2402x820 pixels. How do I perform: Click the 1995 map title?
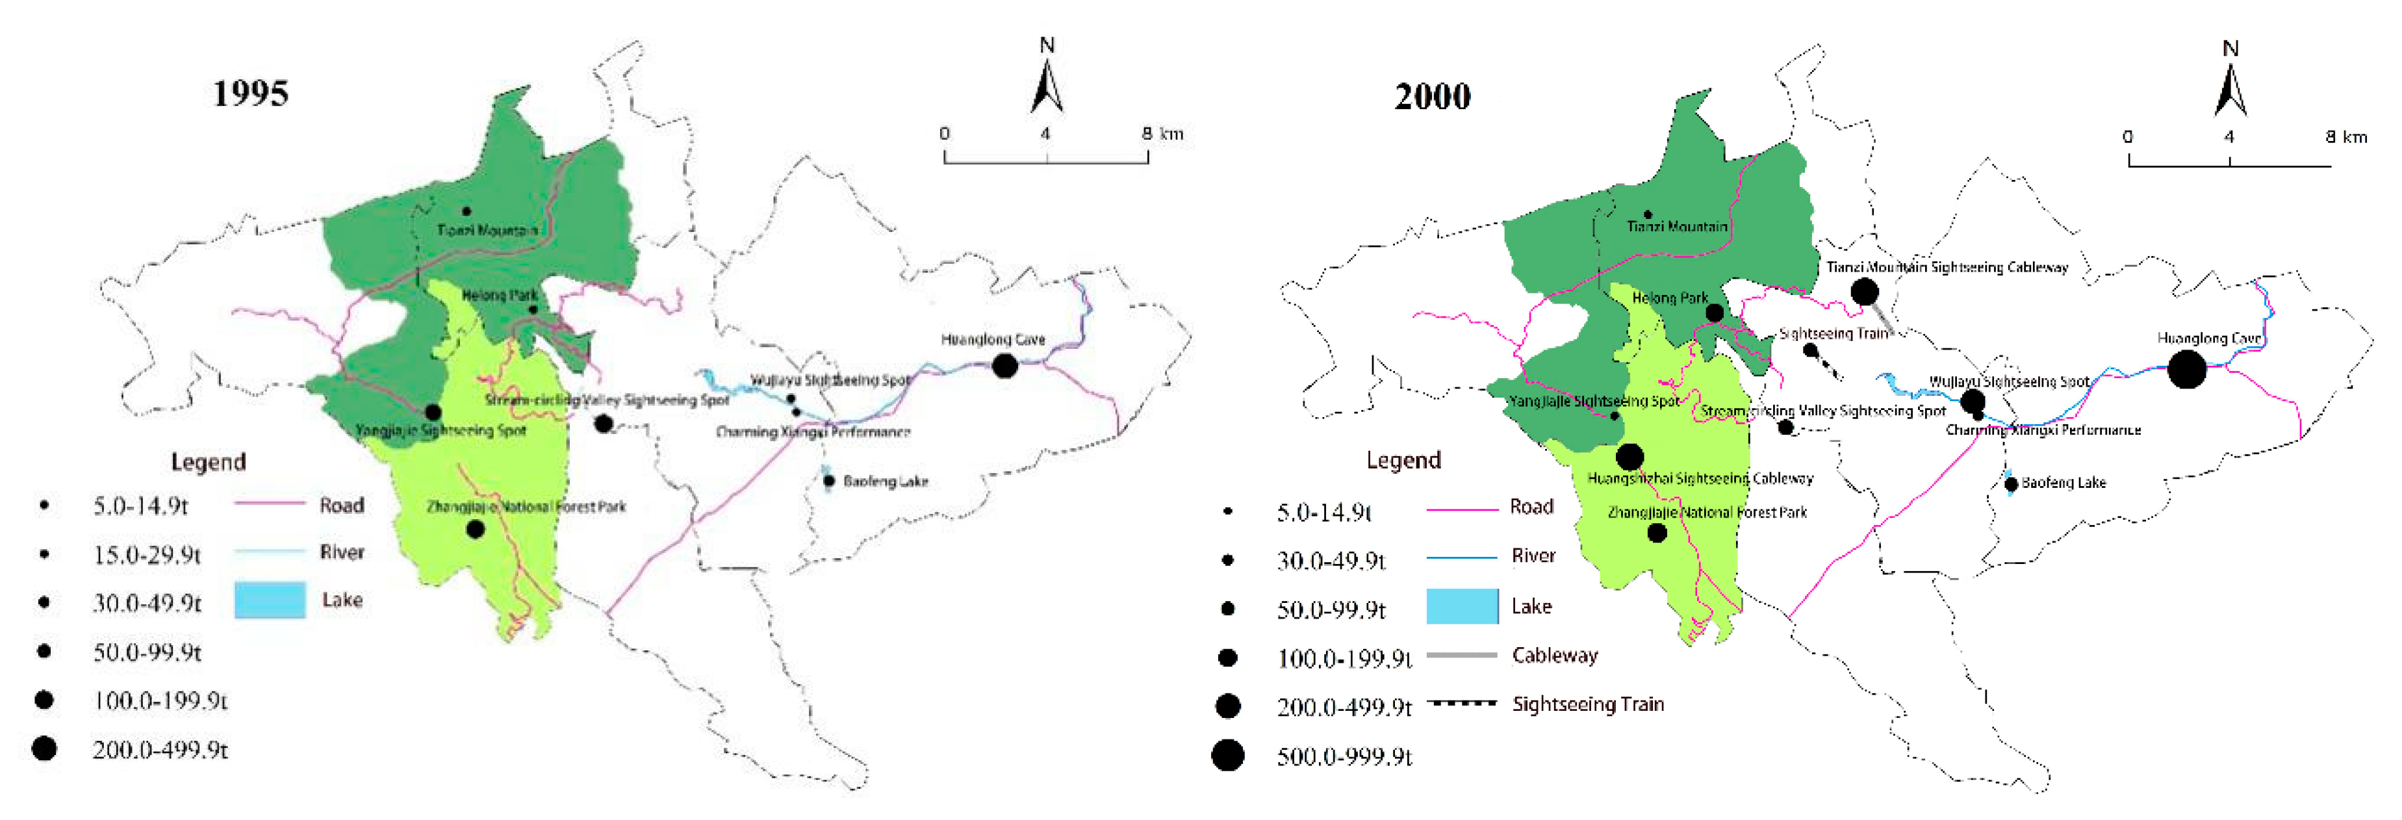250,94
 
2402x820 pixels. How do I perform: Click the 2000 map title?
1431,96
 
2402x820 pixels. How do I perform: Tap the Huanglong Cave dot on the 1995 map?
1004,366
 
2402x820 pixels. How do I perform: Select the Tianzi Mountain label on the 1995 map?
487,229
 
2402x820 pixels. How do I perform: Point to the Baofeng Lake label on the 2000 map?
2063,482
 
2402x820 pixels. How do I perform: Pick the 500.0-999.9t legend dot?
1227,754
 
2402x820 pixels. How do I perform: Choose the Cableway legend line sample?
1461,655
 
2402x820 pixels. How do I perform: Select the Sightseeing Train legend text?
1587,704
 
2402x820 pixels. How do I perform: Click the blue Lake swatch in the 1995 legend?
270,600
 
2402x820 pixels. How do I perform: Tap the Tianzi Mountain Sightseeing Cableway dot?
1864,291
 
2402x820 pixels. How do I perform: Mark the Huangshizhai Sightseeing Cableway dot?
1629,456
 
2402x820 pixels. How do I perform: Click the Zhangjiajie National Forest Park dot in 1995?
475,529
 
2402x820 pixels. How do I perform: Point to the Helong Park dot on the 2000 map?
1714,313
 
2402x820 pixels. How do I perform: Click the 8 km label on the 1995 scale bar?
1162,133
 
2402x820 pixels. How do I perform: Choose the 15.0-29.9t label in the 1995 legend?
146,555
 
